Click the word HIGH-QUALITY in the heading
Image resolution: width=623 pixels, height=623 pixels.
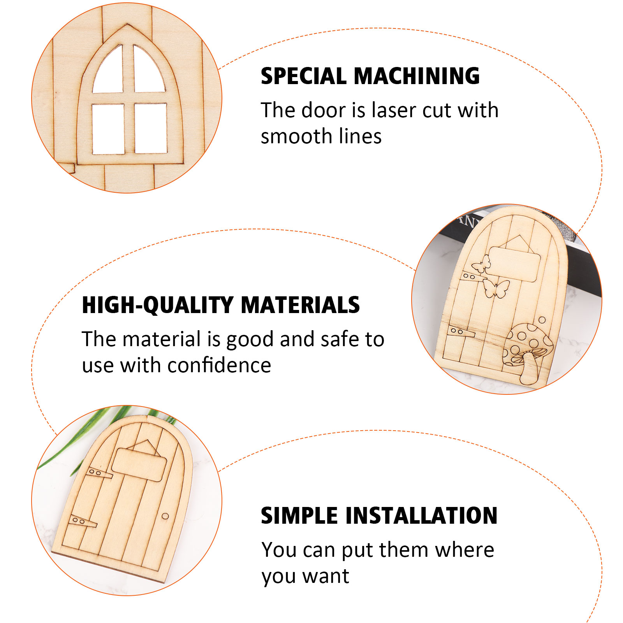157,305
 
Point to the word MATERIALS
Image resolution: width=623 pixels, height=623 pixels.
300,304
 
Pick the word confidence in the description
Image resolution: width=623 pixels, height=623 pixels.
219,365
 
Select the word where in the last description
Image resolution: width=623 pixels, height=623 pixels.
465,550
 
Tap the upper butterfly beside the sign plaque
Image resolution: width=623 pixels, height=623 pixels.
481,264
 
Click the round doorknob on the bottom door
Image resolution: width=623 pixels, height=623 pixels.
165,516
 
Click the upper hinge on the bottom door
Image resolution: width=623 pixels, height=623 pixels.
99,473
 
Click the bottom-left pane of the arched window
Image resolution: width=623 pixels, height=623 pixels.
108,129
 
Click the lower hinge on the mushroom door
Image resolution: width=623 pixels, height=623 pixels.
461,332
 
